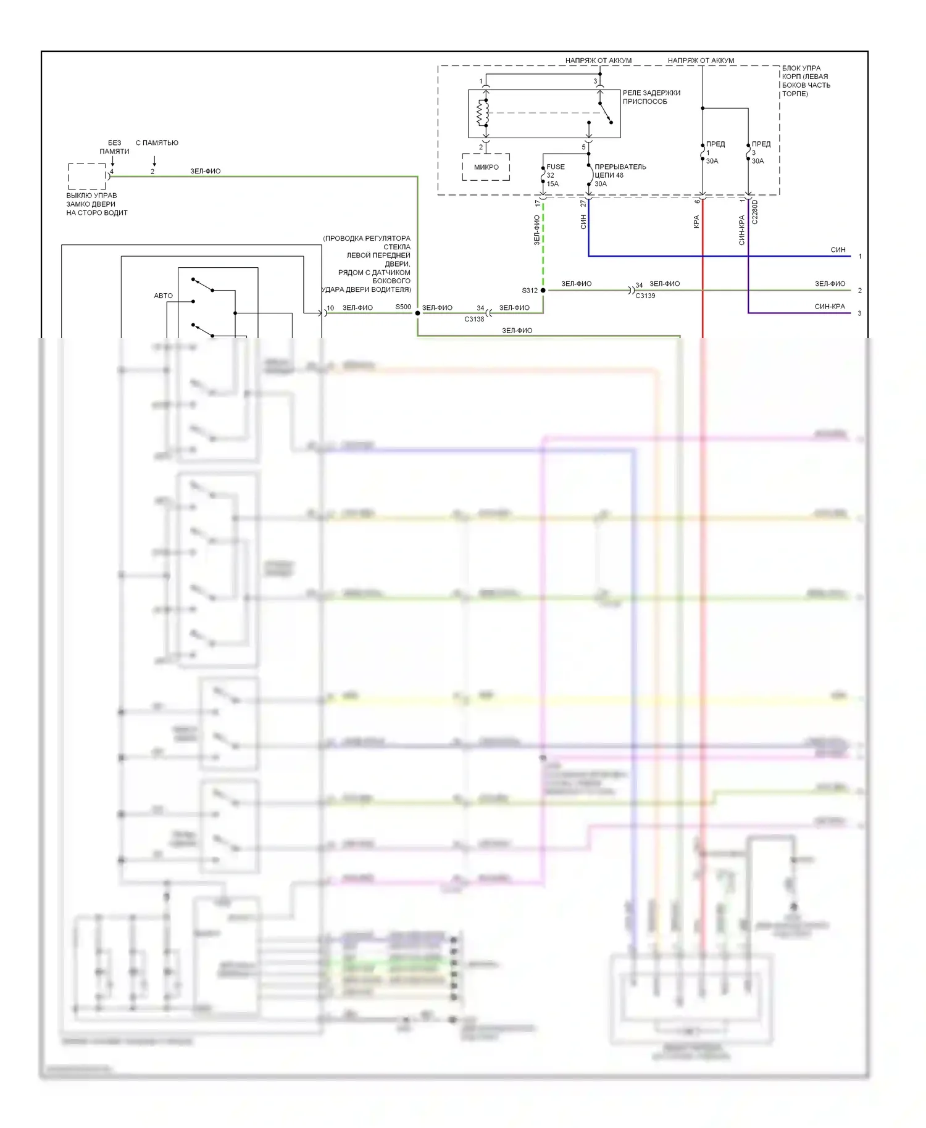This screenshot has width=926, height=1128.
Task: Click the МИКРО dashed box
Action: [x=486, y=167]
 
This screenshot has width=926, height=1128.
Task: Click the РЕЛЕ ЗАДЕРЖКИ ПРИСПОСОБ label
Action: [x=651, y=97]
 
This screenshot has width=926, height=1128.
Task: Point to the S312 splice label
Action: [x=529, y=291]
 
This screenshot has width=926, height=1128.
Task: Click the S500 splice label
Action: [x=403, y=307]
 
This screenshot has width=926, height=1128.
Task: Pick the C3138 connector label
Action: [x=474, y=319]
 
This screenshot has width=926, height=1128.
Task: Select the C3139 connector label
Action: [x=645, y=296]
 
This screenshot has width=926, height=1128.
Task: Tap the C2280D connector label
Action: [x=755, y=212]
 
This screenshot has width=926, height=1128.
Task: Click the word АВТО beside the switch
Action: [x=163, y=296]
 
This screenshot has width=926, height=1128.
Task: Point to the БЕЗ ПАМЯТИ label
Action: [x=114, y=147]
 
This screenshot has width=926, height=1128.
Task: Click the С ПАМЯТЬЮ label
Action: [x=157, y=143]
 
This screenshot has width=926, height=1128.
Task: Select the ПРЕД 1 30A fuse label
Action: [x=714, y=152]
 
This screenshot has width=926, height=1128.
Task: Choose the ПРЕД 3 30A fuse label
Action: [x=760, y=152]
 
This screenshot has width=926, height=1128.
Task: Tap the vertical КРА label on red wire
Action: [x=696, y=222]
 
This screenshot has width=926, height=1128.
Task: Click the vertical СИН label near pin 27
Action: [x=583, y=222]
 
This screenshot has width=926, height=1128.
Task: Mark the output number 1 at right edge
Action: [x=860, y=256]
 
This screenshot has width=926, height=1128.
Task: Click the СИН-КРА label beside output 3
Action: [x=829, y=307]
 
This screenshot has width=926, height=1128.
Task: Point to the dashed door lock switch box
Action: [x=87, y=176]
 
